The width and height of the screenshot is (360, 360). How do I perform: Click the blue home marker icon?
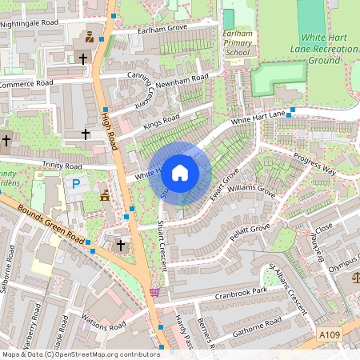[x=179, y=173]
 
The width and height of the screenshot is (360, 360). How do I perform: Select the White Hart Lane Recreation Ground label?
[x=328, y=49]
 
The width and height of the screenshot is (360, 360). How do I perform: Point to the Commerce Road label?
[x=26, y=83]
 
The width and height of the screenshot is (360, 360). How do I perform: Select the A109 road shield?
[x=328, y=334]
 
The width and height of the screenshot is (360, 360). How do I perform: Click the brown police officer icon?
[x=89, y=37]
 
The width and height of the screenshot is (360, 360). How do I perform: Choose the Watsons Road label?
[x=104, y=326]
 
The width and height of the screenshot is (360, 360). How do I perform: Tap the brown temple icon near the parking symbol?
[x=105, y=194]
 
